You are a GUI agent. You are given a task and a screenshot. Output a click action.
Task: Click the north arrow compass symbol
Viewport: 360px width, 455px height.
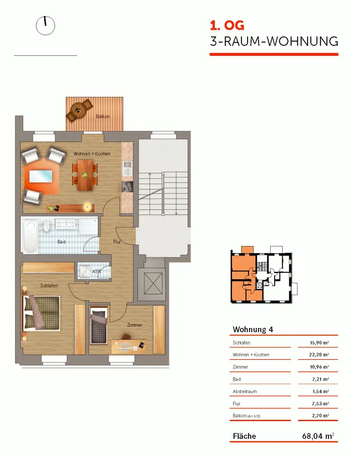pos(45,26)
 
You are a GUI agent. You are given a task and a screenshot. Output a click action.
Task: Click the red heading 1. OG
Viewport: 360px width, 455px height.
pos(227,26)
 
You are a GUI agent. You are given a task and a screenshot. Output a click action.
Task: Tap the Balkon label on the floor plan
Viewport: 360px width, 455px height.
pos(103,116)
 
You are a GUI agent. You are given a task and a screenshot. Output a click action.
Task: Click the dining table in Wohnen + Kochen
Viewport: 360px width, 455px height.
pos(85,175)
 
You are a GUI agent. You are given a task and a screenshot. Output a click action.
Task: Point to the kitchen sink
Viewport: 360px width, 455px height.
pos(127,168)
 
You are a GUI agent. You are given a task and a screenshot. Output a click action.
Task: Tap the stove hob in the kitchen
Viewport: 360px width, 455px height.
pos(127,187)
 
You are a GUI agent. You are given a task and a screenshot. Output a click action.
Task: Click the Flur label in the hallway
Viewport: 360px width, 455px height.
pos(117,242)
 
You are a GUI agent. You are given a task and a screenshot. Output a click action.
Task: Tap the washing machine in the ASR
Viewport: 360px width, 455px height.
pos(85,271)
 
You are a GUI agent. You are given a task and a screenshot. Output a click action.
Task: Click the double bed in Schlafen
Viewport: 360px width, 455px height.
pos(41,313)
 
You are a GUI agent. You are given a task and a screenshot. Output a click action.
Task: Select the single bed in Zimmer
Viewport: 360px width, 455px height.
pos(99,326)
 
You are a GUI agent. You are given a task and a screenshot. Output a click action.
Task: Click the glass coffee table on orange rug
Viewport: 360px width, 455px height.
pos(41,176)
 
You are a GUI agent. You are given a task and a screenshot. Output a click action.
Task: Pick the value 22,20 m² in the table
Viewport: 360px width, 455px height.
pos(319,354)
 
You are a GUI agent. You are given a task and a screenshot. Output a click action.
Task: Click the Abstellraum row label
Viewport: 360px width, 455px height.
pos(245,391)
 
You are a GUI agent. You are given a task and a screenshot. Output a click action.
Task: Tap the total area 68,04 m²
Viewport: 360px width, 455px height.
pos(318,436)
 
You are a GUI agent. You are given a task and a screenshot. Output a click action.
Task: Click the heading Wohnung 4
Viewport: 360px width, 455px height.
pos(253,329)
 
